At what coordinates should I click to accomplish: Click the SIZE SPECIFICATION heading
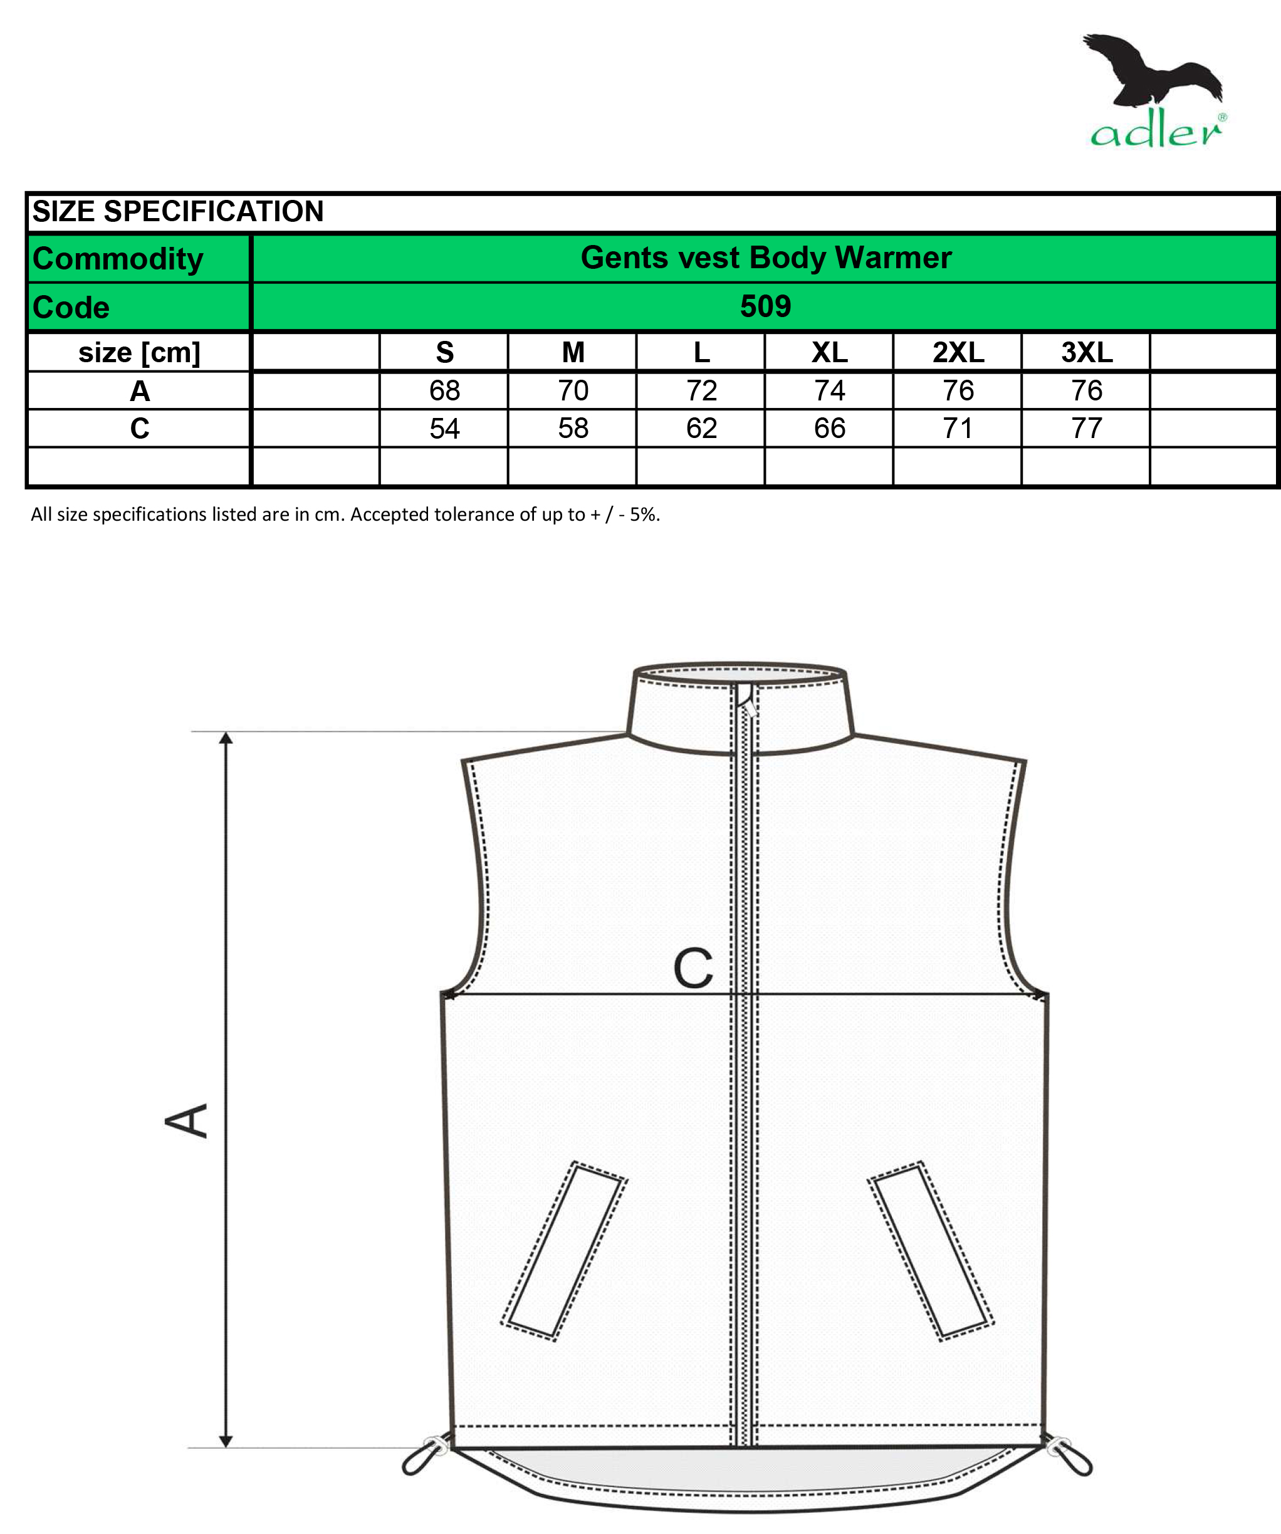point(177,212)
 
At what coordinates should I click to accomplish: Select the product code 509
point(765,306)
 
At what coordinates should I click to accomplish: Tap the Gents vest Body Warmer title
point(766,258)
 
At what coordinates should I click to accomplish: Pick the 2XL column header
point(958,353)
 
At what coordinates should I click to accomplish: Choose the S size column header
point(444,353)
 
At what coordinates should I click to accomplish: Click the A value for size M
point(573,391)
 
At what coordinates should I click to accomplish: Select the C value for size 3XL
point(1087,428)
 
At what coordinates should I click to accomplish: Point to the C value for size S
point(444,428)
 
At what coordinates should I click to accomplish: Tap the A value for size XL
point(829,391)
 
